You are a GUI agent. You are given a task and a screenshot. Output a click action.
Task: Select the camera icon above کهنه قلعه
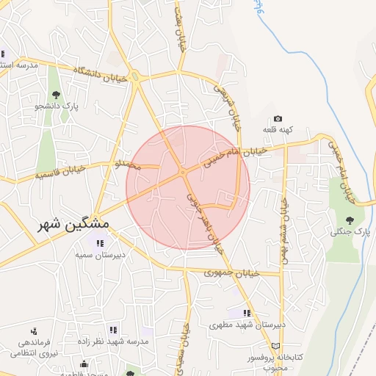(278, 118)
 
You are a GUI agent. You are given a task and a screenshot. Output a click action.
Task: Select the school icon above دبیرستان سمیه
(98, 243)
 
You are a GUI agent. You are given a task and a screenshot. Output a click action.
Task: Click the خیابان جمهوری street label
(233, 273)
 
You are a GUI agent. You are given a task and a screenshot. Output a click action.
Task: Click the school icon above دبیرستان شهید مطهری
(236, 313)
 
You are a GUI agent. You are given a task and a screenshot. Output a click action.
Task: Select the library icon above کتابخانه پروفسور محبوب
(275, 344)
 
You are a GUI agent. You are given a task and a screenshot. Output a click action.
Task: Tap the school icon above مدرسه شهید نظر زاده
(112, 330)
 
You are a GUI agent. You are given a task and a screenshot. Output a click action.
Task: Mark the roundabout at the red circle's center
(182, 173)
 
